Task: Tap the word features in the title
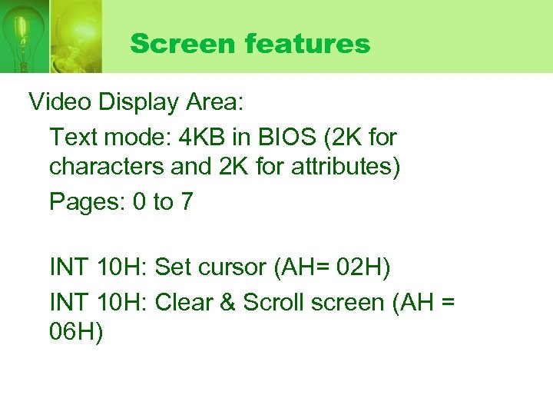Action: pos(308,44)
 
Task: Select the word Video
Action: pos(58,101)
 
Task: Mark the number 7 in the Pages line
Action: pos(187,202)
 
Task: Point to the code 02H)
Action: pos(366,268)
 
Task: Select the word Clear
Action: pos(183,302)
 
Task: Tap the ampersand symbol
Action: pos(227,302)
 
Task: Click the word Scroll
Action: pos(273,302)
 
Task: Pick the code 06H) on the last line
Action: pos(76,333)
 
